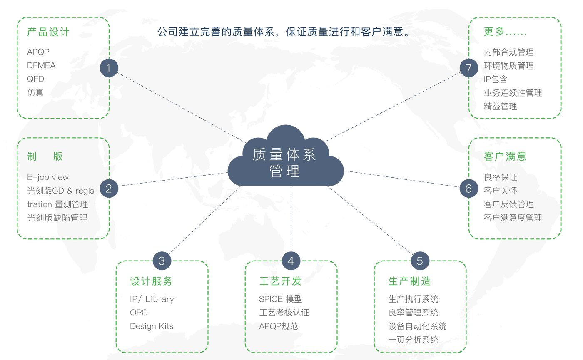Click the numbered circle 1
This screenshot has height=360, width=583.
tap(109, 68)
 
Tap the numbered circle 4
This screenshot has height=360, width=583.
tap(291, 261)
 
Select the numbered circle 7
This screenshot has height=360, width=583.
tap(468, 68)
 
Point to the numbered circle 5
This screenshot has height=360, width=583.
tap(420, 261)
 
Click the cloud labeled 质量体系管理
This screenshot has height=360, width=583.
tap(285, 160)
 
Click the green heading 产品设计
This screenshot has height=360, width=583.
tap(48, 32)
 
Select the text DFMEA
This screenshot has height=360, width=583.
tap(41, 65)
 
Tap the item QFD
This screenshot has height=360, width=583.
tap(35, 79)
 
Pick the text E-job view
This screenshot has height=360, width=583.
tap(48, 177)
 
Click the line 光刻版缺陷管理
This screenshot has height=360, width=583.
tap(57, 218)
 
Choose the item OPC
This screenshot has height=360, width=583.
tap(139, 313)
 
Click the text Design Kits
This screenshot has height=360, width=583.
tap(152, 326)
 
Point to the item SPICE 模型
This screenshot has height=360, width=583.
tap(280, 299)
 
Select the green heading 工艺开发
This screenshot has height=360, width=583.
tap(280, 281)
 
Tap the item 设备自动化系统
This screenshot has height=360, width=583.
tap(417, 326)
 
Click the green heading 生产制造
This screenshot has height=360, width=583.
tap(409, 281)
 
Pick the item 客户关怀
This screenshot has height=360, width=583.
tap(500, 191)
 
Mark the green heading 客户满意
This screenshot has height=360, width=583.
tap(505, 156)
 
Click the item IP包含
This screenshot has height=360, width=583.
tap(496, 79)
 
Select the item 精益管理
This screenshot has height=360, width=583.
tap(500, 106)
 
